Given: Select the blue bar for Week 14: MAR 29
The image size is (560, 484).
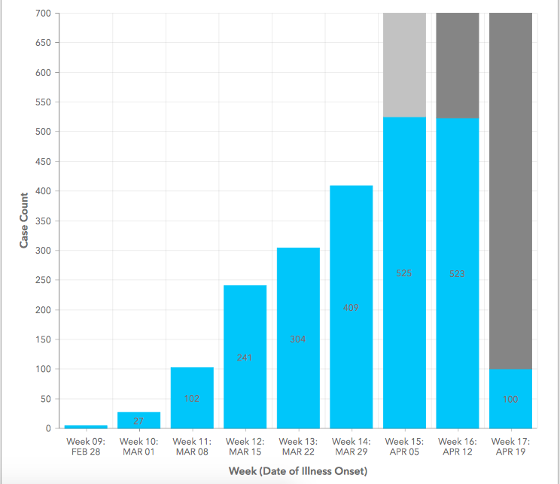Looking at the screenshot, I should [x=351, y=248].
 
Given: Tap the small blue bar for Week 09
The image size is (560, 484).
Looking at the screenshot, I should [x=85, y=427].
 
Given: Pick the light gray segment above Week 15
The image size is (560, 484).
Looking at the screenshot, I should [x=404, y=65].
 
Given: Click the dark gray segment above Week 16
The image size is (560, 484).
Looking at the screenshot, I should [x=458, y=65].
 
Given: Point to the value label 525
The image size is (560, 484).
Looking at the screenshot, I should [x=404, y=273].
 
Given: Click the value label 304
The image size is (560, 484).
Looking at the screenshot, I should [x=298, y=339].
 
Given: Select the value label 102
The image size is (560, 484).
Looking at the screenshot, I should [x=192, y=399].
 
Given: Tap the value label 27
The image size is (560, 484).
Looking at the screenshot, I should [x=138, y=421].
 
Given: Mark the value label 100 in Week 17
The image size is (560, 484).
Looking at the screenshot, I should [x=510, y=399].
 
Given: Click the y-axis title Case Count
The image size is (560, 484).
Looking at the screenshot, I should [x=24, y=221].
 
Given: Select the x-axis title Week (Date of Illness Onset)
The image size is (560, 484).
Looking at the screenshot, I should [x=298, y=471].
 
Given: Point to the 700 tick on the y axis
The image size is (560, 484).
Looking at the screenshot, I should [x=42, y=14].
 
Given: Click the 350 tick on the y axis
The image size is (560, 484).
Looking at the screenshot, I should [x=42, y=221].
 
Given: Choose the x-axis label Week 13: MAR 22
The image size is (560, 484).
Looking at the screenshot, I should [x=298, y=446].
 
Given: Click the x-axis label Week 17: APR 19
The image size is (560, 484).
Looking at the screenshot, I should [x=510, y=446].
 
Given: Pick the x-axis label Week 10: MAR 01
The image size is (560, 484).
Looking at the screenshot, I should [x=138, y=446].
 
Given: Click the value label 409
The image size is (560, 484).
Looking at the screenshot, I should [x=351, y=307].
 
